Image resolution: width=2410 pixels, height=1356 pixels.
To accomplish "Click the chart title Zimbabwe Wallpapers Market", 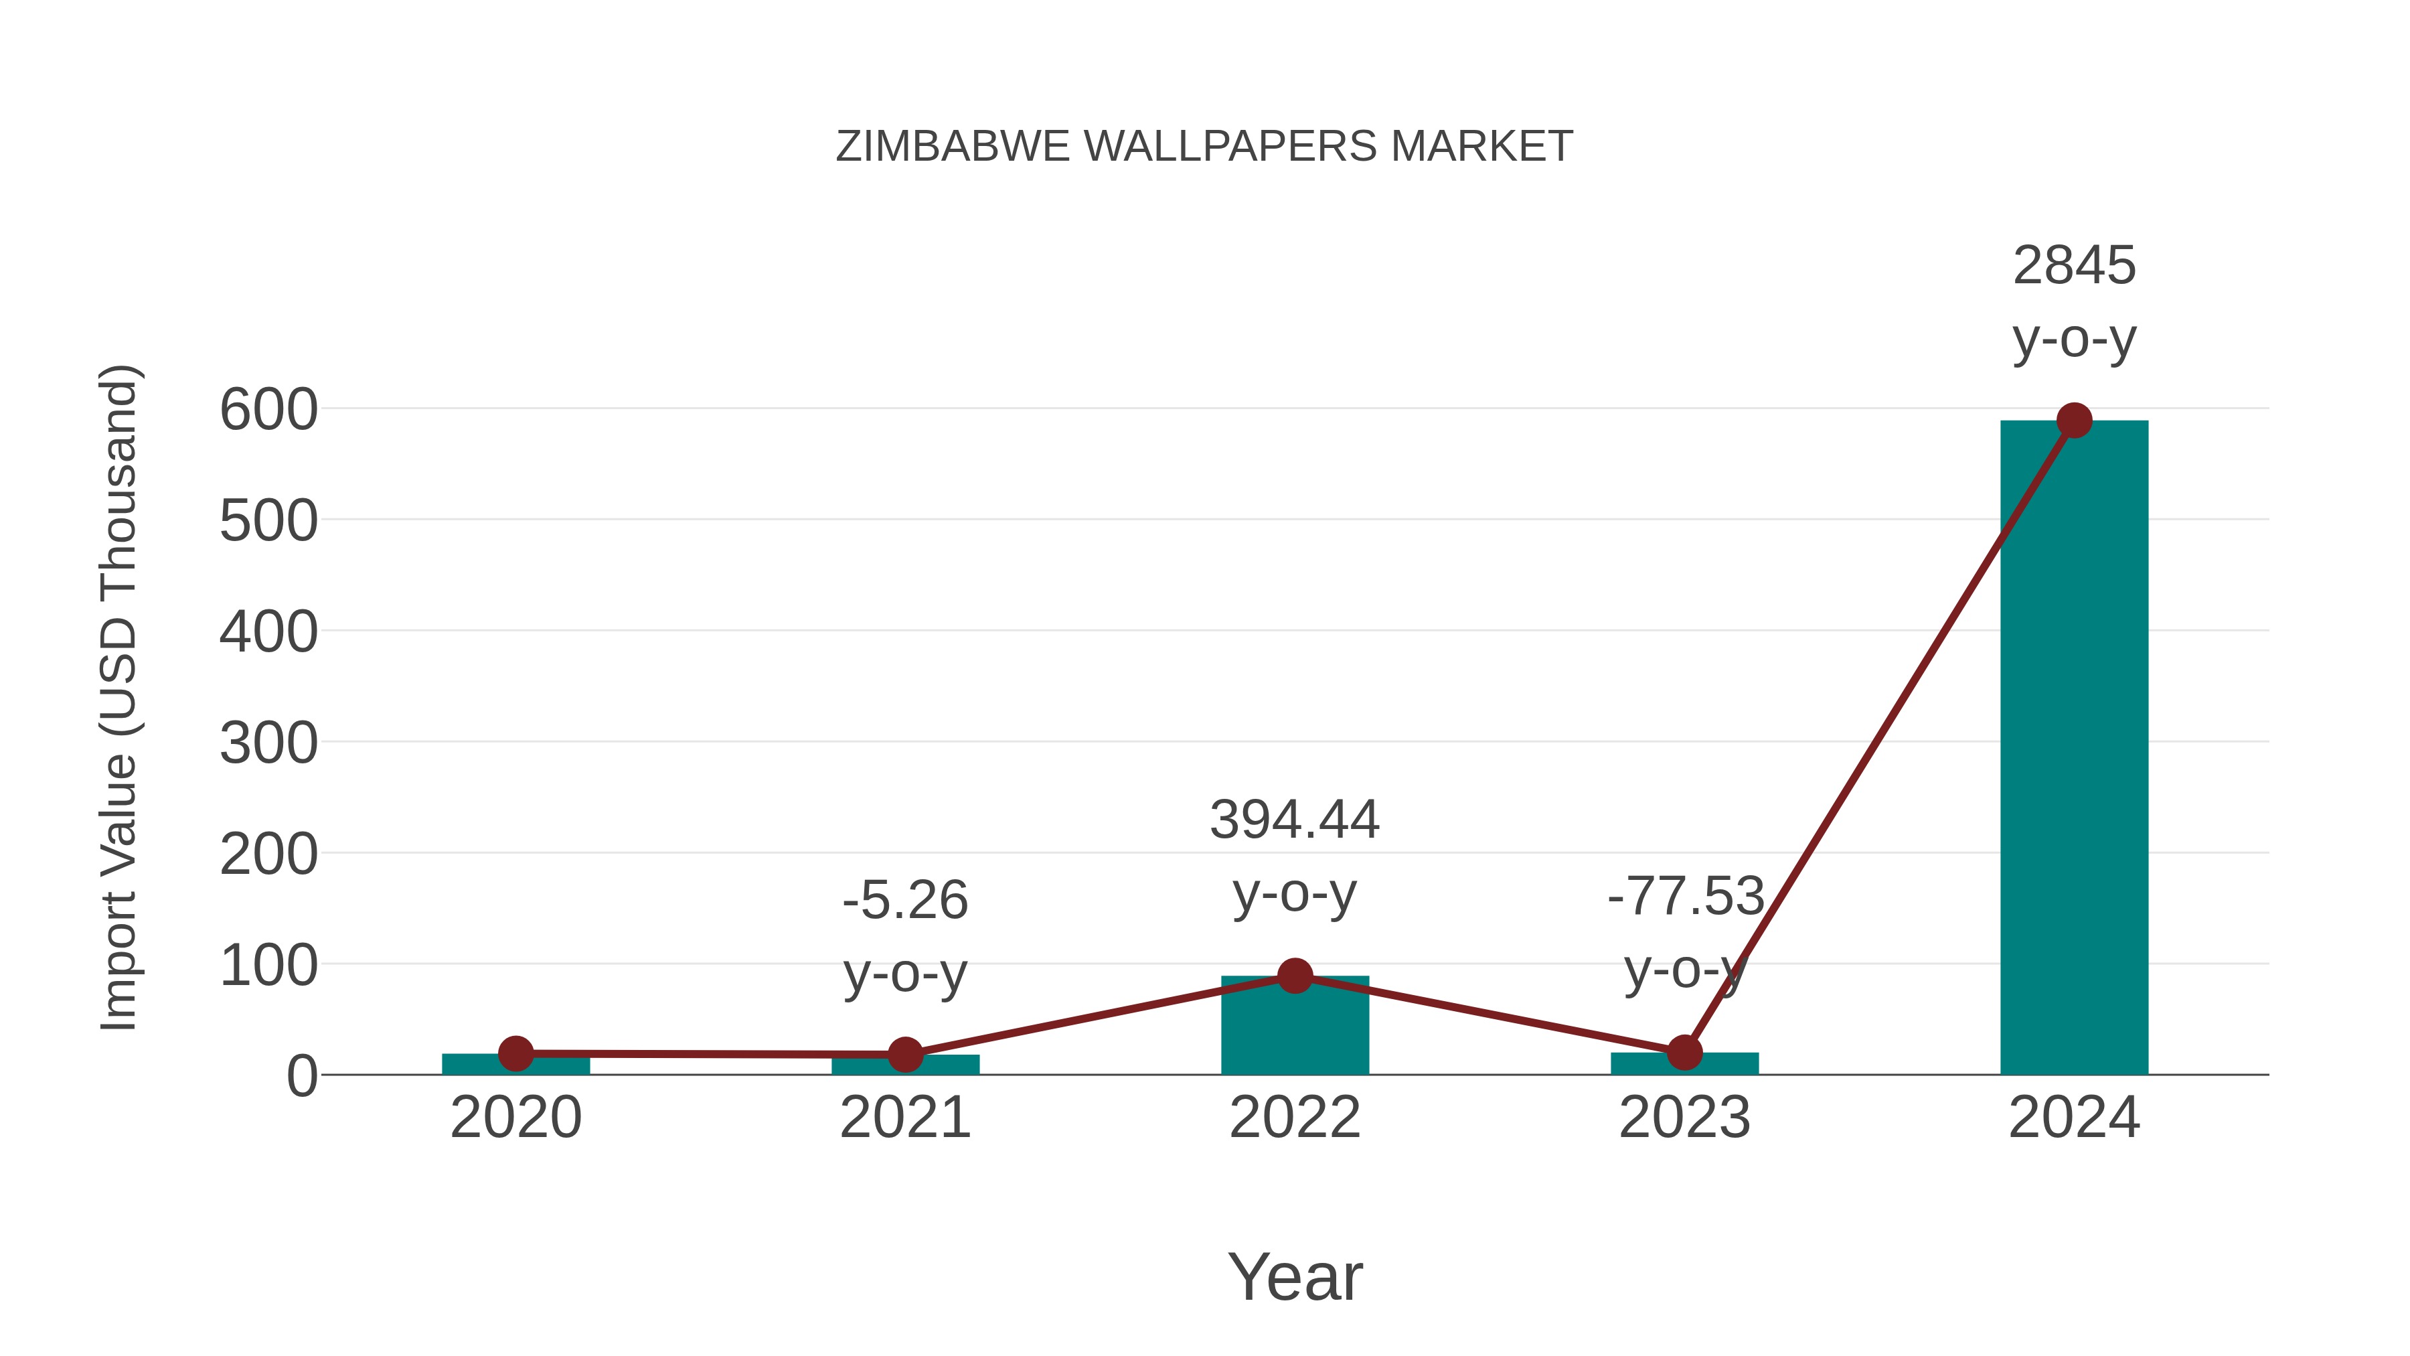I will click(1204, 147).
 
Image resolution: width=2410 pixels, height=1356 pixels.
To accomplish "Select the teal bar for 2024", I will click(2074, 749).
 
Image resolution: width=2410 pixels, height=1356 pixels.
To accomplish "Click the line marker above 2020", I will click(515, 1054).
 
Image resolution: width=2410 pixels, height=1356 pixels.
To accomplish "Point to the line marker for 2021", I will click(904, 1055).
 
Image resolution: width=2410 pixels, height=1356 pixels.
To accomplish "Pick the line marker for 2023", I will click(1684, 1053).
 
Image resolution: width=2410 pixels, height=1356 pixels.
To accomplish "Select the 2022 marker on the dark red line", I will click(1295, 976).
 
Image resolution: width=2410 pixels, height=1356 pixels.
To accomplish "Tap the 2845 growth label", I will click(2074, 266).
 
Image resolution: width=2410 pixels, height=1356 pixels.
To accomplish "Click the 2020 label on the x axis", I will click(515, 1118).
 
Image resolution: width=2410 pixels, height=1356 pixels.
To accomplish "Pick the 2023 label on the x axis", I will click(1684, 1118).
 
